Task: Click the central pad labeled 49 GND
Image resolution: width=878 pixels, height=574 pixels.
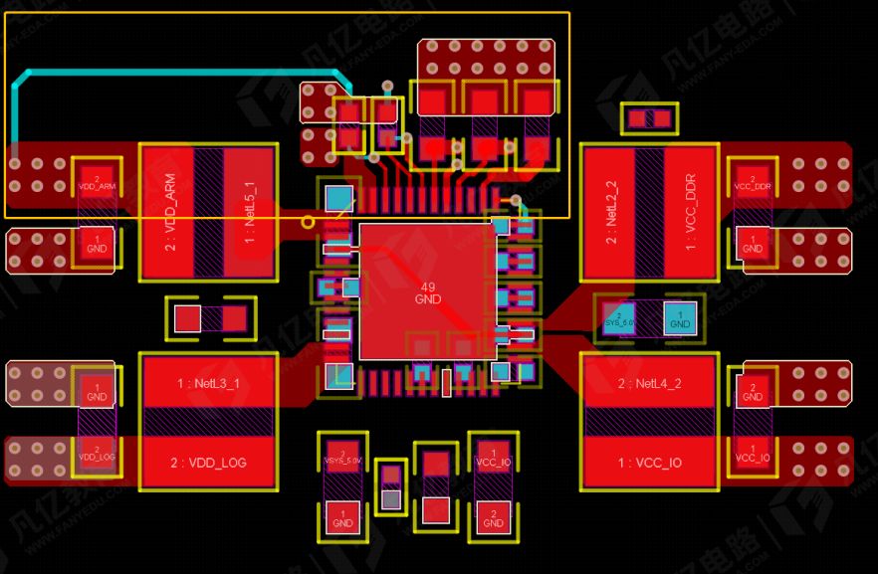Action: (x=427, y=291)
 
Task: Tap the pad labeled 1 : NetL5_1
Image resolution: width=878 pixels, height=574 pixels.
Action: (x=248, y=211)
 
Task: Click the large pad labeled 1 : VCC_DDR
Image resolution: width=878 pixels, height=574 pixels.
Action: (x=690, y=211)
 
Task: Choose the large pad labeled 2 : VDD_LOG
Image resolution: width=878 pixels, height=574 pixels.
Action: (x=208, y=463)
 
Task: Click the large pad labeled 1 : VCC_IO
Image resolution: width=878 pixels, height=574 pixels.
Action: (x=649, y=464)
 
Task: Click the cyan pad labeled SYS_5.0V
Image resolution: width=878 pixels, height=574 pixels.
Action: (x=618, y=318)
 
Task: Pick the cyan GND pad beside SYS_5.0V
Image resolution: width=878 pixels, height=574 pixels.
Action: (x=680, y=318)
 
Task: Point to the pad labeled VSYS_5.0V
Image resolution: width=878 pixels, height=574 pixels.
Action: (x=342, y=456)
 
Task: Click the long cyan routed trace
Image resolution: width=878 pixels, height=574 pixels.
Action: (x=179, y=73)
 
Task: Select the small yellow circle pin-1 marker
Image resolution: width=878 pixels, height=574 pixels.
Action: (x=308, y=222)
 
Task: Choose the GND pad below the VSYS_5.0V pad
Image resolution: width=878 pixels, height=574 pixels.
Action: (x=342, y=518)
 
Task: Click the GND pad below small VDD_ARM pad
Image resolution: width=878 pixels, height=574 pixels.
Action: (x=97, y=243)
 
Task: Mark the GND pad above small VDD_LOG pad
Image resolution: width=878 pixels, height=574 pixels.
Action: (x=97, y=390)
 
